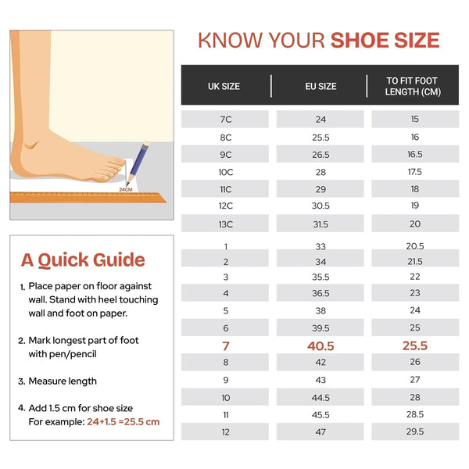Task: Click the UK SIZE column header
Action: [224, 87]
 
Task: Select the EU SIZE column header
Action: [320, 87]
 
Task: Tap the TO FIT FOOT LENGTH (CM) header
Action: [413, 86]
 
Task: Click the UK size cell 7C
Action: [226, 120]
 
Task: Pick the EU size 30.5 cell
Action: [320, 206]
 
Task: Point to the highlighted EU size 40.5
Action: [320, 346]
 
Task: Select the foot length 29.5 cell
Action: [415, 431]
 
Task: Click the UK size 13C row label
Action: [226, 224]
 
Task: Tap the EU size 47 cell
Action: [320, 432]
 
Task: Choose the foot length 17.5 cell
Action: [415, 172]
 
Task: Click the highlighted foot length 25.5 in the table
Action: [415, 345]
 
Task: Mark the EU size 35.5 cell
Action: [320, 277]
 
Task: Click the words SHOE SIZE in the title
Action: [385, 41]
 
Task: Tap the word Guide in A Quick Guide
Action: [119, 260]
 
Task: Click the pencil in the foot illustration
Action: [138, 163]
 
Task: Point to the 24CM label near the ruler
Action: [126, 190]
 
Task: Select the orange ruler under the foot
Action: [88, 198]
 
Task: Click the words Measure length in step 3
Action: [63, 381]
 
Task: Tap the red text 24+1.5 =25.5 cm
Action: [124, 422]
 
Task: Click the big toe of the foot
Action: [116, 161]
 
